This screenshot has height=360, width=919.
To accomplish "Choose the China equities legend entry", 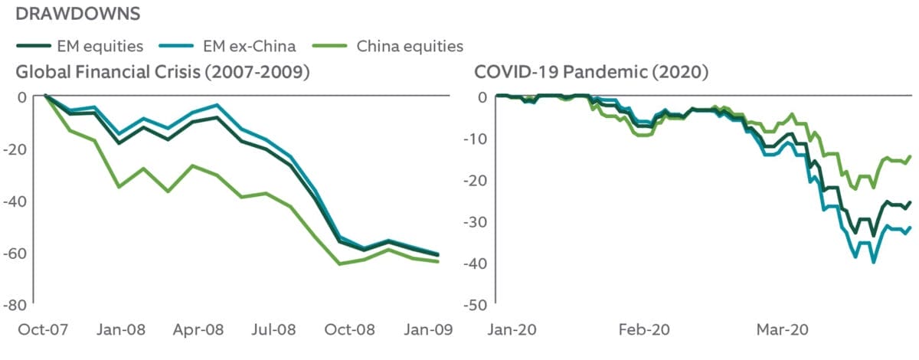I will tap(410, 46).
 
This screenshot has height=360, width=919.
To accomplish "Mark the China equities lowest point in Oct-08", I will tap(339, 263).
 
